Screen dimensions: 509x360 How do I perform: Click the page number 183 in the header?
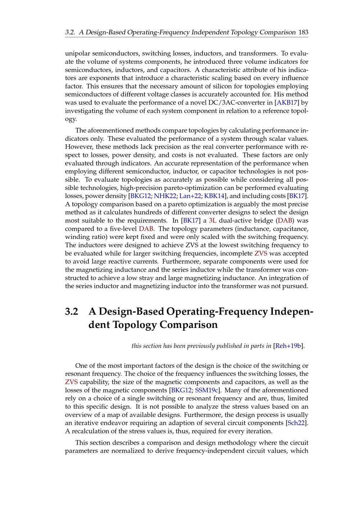pos(303,32)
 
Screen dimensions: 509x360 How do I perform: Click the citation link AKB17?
pos(287,103)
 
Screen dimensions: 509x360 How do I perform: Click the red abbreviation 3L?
pos(212,220)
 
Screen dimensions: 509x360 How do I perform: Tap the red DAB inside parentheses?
pos(285,220)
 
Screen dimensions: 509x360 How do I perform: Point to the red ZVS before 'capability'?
pos(71,382)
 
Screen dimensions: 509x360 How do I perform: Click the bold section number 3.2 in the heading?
pos(72,311)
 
